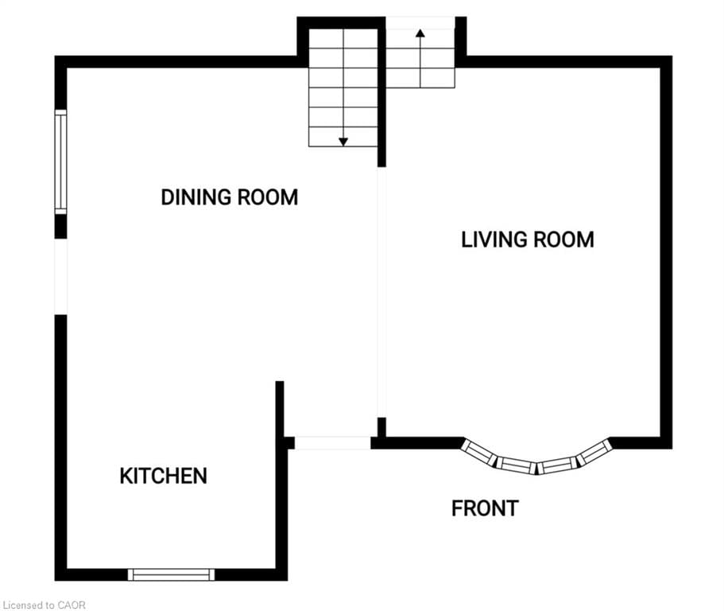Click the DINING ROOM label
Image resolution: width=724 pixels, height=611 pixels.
(x=229, y=197)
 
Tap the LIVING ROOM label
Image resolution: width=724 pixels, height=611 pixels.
(x=527, y=239)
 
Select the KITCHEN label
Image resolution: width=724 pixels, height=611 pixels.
(x=163, y=476)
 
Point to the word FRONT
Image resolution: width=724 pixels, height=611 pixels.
(x=485, y=508)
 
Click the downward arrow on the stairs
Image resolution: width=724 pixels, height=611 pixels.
(x=343, y=140)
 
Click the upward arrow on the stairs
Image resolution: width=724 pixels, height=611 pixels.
(x=420, y=34)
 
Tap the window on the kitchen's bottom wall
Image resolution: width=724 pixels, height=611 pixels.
(x=172, y=574)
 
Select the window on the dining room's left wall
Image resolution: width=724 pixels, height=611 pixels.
(x=60, y=162)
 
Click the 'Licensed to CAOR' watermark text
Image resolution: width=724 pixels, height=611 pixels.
(x=44, y=605)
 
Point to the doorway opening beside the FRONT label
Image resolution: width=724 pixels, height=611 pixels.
(x=332, y=442)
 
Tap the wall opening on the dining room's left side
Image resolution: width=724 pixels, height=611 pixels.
(x=60, y=276)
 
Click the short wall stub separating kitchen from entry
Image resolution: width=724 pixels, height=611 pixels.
(x=280, y=410)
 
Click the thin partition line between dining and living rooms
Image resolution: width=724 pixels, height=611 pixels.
(x=381, y=294)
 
